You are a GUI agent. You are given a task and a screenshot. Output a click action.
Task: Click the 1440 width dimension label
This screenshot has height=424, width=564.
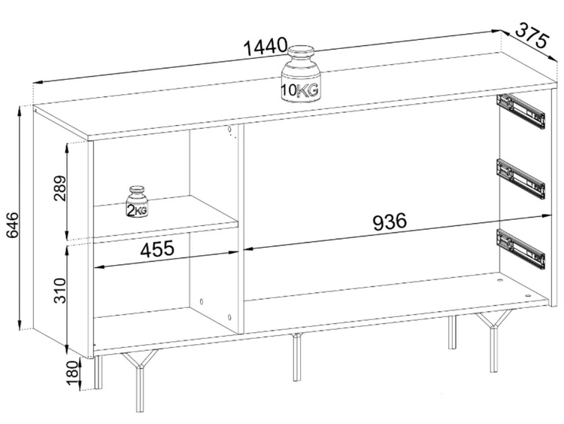(x=265, y=46)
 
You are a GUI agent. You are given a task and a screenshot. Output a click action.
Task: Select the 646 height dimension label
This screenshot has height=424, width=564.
(x=13, y=225)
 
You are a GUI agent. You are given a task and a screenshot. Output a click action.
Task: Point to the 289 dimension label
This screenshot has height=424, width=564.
(x=60, y=188)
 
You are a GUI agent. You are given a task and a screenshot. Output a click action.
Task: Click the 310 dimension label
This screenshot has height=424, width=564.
(x=60, y=291)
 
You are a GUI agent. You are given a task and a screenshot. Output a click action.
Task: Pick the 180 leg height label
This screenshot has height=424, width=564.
(x=73, y=373)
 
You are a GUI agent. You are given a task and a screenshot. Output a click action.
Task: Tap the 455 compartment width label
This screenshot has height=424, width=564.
(x=157, y=249)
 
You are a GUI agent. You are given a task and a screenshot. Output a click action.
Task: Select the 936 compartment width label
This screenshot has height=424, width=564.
(x=390, y=222)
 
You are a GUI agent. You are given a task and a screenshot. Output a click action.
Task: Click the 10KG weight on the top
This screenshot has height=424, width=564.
(x=300, y=74)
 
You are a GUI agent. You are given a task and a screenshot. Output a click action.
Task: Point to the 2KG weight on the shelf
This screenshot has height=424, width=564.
(x=137, y=203)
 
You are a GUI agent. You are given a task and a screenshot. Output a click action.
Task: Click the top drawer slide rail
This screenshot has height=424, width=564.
(x=520, y=111)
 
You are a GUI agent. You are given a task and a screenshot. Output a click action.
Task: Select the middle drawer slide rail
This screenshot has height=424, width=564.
(x=520, y=178)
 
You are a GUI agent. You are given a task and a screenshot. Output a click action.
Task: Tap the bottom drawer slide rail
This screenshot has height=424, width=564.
(x=520, y=249)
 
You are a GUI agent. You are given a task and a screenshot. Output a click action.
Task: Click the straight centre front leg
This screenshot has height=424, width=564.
(x=296, y=358)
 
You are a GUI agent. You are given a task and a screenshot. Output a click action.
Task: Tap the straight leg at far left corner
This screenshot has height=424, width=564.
(x=98, y=373)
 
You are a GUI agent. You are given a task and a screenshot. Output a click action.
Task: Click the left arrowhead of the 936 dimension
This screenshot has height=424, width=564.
(x=249, y=249)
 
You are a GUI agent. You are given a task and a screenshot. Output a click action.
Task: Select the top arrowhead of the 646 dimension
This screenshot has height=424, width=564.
(x=20, y=110)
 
